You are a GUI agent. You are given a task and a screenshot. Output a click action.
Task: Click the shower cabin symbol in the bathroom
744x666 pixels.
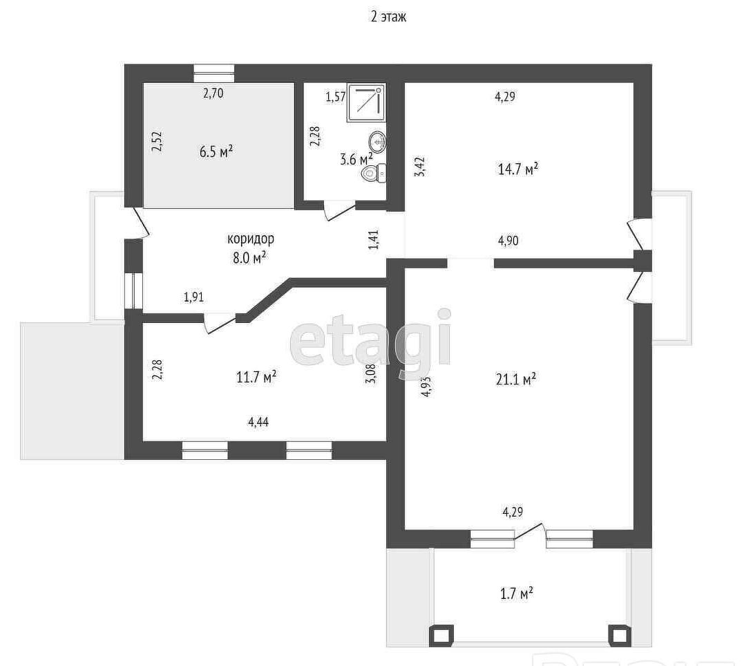tap(366, 102)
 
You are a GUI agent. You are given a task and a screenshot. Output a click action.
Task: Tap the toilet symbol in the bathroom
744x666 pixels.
tap(374, 173)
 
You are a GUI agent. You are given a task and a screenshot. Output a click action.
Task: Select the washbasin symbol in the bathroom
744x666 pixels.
tap(378, 142)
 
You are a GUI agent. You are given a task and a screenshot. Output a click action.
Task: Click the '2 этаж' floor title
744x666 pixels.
tap(388, 17)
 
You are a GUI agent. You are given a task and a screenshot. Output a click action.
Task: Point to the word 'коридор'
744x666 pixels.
tap(251, 239)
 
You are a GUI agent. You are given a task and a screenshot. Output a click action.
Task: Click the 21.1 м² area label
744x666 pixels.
tap(516, 380)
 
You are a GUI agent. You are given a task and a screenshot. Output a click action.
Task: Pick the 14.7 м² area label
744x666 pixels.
tap(517, 169)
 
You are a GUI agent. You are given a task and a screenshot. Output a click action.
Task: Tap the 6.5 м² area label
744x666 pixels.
tap(216, 151)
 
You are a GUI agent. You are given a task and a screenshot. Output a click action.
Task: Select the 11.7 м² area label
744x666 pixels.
tap(256, 377)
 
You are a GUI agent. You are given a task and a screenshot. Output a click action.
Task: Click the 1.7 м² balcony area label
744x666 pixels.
tap(517, 594)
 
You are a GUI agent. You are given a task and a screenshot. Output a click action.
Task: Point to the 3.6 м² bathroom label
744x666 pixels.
tap(356, 158)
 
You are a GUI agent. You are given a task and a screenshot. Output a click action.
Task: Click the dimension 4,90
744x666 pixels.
tap(508, 241)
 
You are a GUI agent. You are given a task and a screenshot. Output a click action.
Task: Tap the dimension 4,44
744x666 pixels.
tap(258, 422)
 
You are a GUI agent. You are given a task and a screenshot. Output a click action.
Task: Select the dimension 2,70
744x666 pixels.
tap(213, 93)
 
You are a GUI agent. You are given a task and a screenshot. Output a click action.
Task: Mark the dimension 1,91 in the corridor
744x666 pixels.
tap(193, 297)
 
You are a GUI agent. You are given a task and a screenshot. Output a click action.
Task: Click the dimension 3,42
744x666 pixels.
tap(421, 167)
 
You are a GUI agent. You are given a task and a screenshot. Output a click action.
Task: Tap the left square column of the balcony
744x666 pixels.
tap(441, 636)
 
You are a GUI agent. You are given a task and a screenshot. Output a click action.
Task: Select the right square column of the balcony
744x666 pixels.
tap(620, 636)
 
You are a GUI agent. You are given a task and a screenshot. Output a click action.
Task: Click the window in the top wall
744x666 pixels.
tap(214, 73)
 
